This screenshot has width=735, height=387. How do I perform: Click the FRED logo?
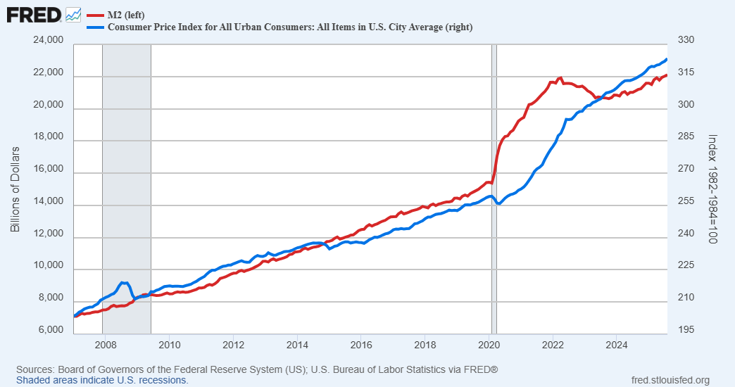pyautogui.click(x=34, y=14)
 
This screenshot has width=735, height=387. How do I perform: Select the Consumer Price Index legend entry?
pyautogui.click(x=289, y=27)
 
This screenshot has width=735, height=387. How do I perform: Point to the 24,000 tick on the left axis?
pyautogui.click(x=49, y=42)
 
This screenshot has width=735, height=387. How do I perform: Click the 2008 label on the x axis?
pyautogui.click(x=105, y=345)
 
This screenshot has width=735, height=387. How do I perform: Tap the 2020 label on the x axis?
pyautogui.click(x=489, y=345)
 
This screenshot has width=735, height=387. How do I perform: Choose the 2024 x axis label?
pyautogui.click(x=617, y=345)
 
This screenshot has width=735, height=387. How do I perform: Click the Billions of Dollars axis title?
pyautogui.click(x=15, y=190)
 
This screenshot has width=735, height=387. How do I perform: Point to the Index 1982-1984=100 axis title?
pyautogui.click(x=712, y=190)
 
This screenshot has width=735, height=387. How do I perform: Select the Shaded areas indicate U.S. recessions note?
pyautogui.click(x=102, y=380)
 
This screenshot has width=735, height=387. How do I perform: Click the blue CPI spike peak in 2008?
pyautogui.click(x=122, y=282)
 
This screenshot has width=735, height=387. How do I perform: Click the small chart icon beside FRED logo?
pyautogui.click(x=73, y=14)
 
